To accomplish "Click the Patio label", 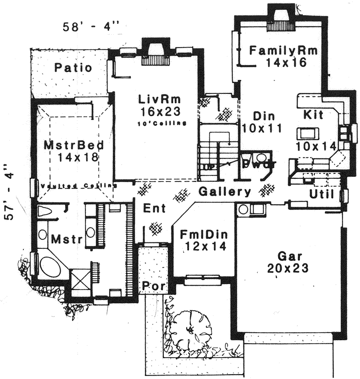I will pyautogui.click(x=73, y=68).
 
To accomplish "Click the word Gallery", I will pyautogui.click(x=225, y=192).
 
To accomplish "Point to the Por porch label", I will pyautogui.click(x=153, y=286).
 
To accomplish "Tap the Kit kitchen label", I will pyautogui.click(x=313, y=115).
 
